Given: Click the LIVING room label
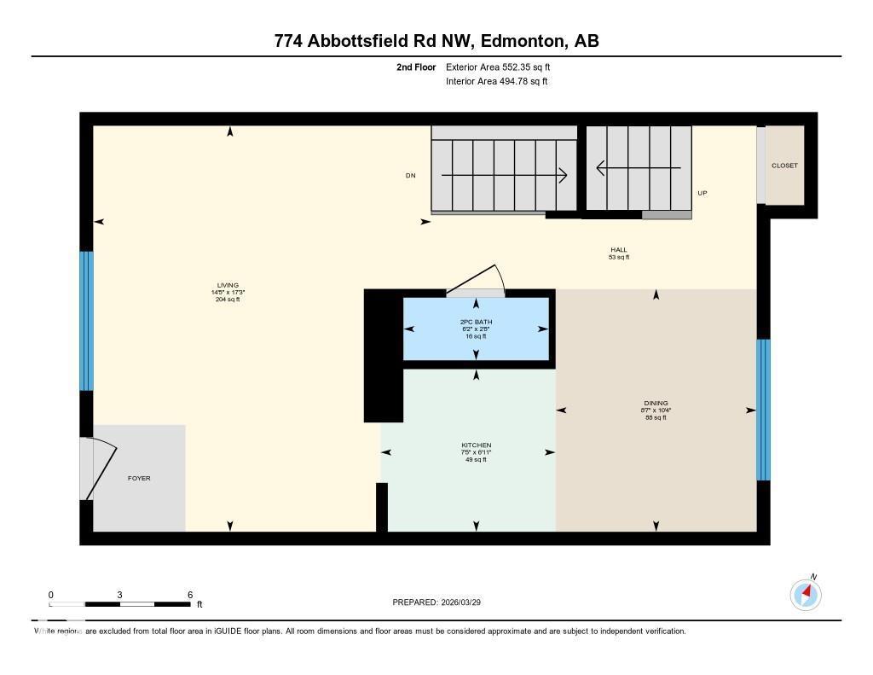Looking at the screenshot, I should tap(228, 285).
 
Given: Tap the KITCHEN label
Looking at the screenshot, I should tap(476, 445).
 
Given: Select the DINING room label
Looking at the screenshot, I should tap(656, 403).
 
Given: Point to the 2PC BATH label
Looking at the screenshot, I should tap(476, 322).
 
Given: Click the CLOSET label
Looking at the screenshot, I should tap(784, 166).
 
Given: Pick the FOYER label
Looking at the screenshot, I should tap(139, 478).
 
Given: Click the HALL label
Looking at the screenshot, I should tap(618, 250).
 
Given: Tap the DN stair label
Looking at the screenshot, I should tap(410, 176).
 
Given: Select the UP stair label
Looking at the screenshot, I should tap(702, 193).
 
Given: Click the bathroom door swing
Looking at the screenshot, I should tap(477, 281).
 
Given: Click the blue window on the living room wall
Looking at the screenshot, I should tap(86, 321).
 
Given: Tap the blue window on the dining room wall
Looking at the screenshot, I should tap(764, 410).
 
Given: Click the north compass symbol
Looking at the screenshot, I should tap(806, 594).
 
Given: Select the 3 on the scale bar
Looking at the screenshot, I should tap(120, 595).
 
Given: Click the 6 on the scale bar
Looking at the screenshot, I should tap(190, 595).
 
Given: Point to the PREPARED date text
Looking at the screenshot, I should tap(442, 602).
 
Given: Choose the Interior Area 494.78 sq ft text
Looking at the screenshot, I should tap(496, 82).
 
